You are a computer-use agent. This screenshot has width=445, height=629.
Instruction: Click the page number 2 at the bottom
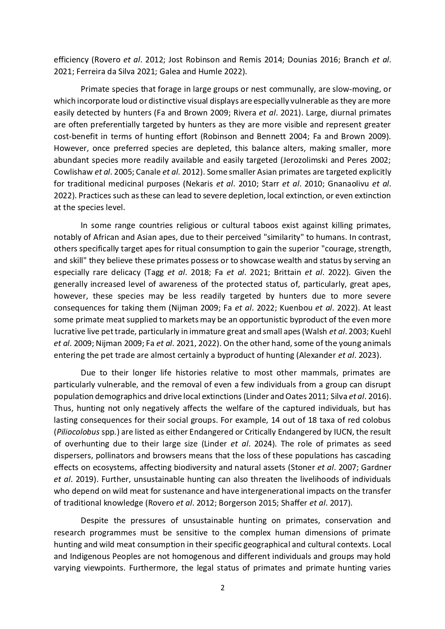coord(222,588)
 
